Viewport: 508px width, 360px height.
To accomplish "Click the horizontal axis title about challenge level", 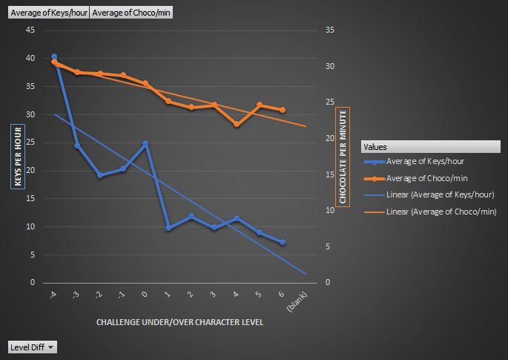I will click(179, 323).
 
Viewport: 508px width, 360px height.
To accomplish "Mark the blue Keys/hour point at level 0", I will click(145, 143).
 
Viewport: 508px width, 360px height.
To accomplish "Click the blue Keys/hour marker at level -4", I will click(54, 57).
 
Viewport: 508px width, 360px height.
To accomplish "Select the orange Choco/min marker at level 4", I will click(237, 124).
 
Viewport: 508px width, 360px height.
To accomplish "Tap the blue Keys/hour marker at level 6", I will click(283, 242).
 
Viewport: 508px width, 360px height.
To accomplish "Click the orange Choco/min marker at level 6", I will click(283, 110).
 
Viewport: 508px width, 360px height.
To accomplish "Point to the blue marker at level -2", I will click(100, 175).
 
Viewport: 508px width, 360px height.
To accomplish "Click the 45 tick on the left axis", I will click(30, 30).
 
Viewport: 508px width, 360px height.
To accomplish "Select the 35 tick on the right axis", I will click(331, 30).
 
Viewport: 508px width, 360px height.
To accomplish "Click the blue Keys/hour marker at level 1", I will click(168, 228).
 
